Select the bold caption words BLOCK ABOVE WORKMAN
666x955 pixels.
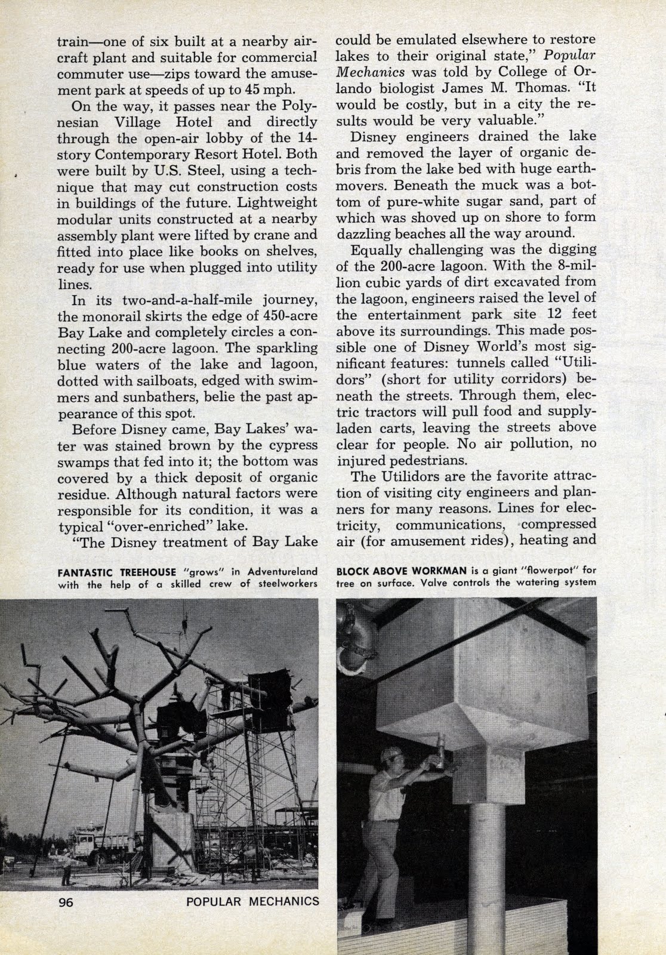point(390,571)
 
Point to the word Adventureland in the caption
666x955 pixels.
point(282,571)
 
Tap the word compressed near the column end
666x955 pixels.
point(559,524)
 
